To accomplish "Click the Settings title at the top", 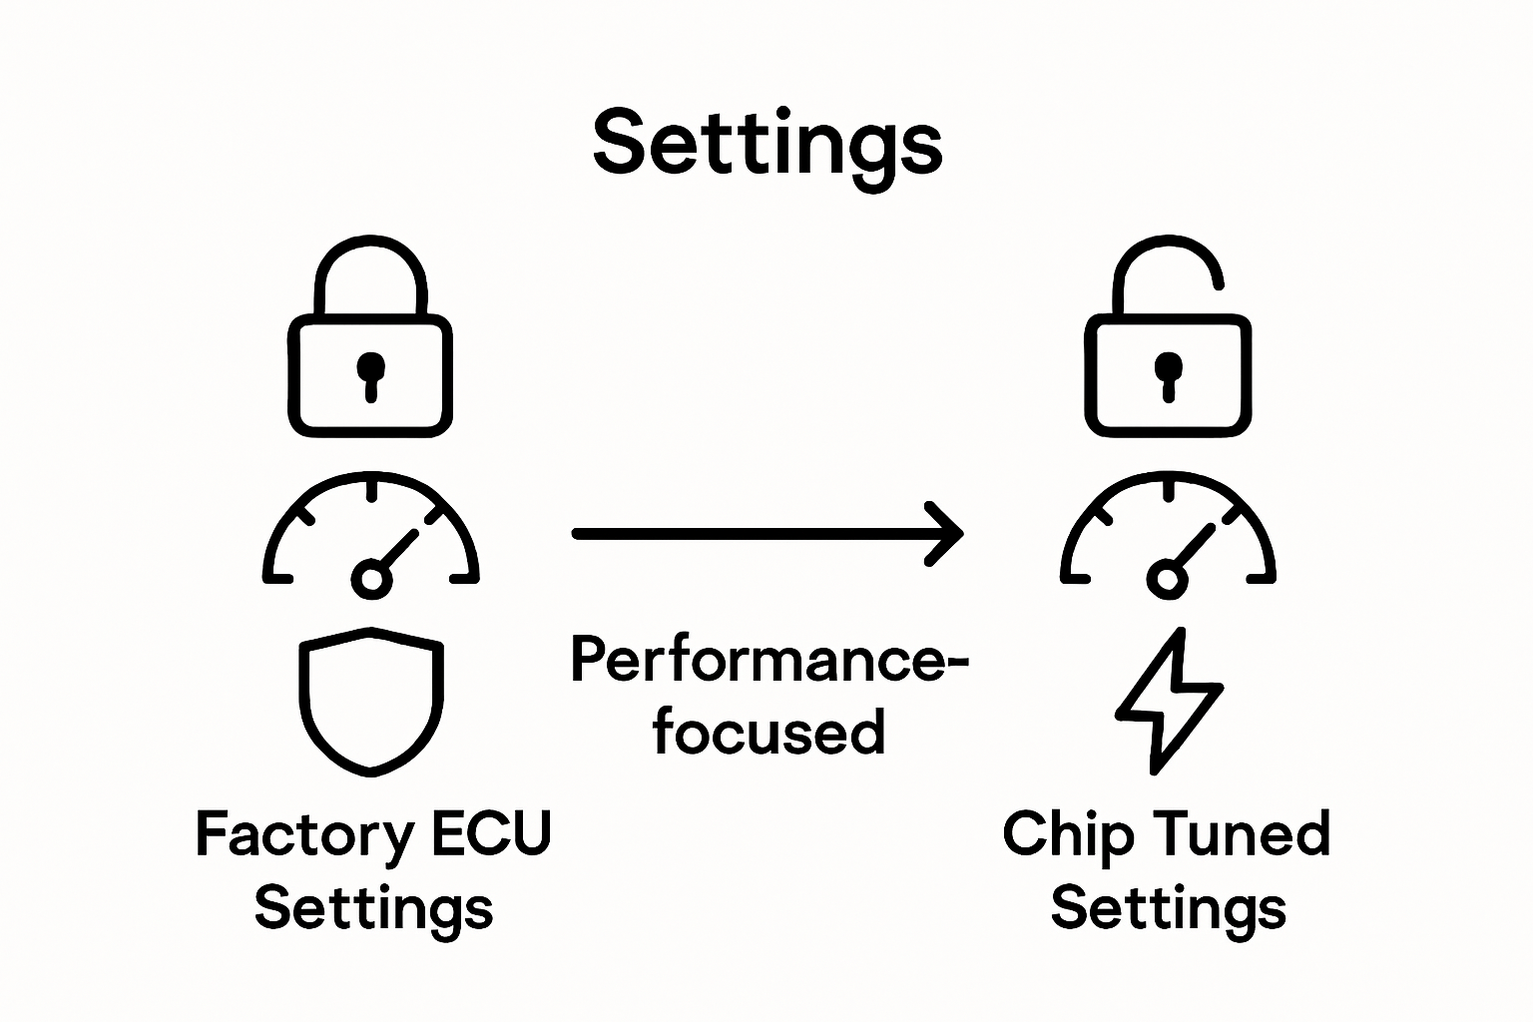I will [766, 143].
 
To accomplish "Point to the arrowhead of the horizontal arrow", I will [948, 534].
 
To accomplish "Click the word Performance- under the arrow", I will [769, 661].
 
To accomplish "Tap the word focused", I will [768, 732].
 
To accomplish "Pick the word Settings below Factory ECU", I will [373, 908].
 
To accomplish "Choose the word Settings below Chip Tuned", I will [1168, 908].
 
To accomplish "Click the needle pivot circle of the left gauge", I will [370, 578].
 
